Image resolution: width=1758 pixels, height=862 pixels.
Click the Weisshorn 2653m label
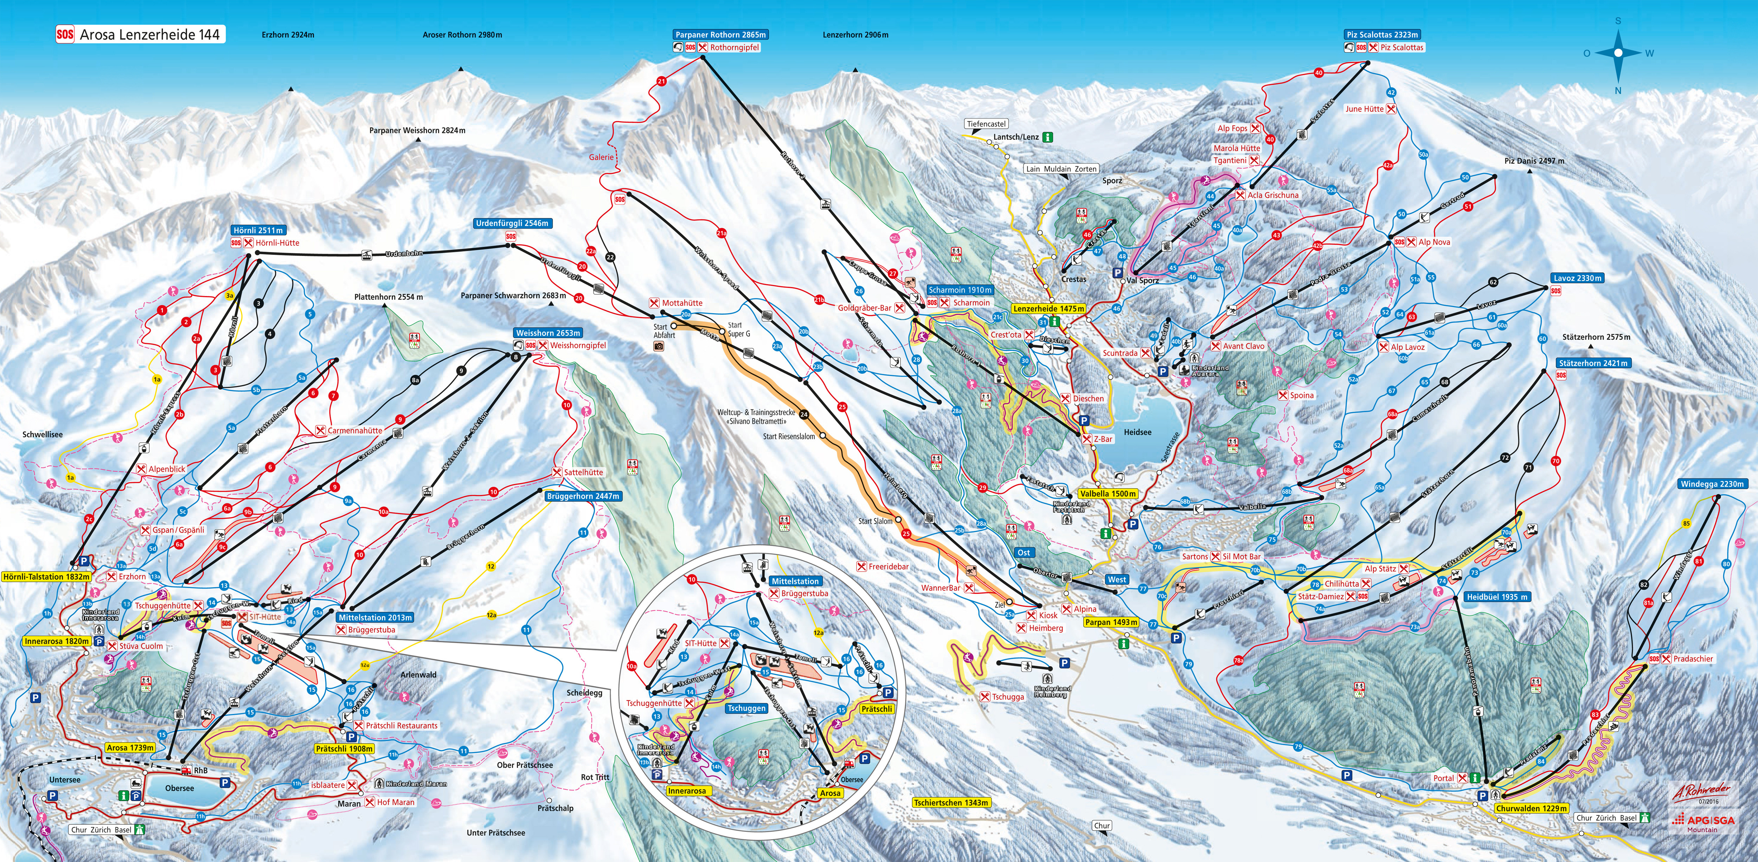[x=548, y=333]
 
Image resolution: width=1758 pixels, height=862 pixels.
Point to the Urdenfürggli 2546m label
[x=512, y=223]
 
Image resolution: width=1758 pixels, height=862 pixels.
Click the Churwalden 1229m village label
[x=1532, y=808]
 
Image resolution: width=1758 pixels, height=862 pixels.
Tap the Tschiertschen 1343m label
[x=951, y=803]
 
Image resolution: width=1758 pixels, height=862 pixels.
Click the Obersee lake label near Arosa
[x=179, y=788]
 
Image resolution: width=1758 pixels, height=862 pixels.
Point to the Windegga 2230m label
[x=1712, y=484]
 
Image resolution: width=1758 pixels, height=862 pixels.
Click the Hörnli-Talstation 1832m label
[x=46, y=577]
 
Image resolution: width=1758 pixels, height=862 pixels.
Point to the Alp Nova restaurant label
[x=1434, y=242]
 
